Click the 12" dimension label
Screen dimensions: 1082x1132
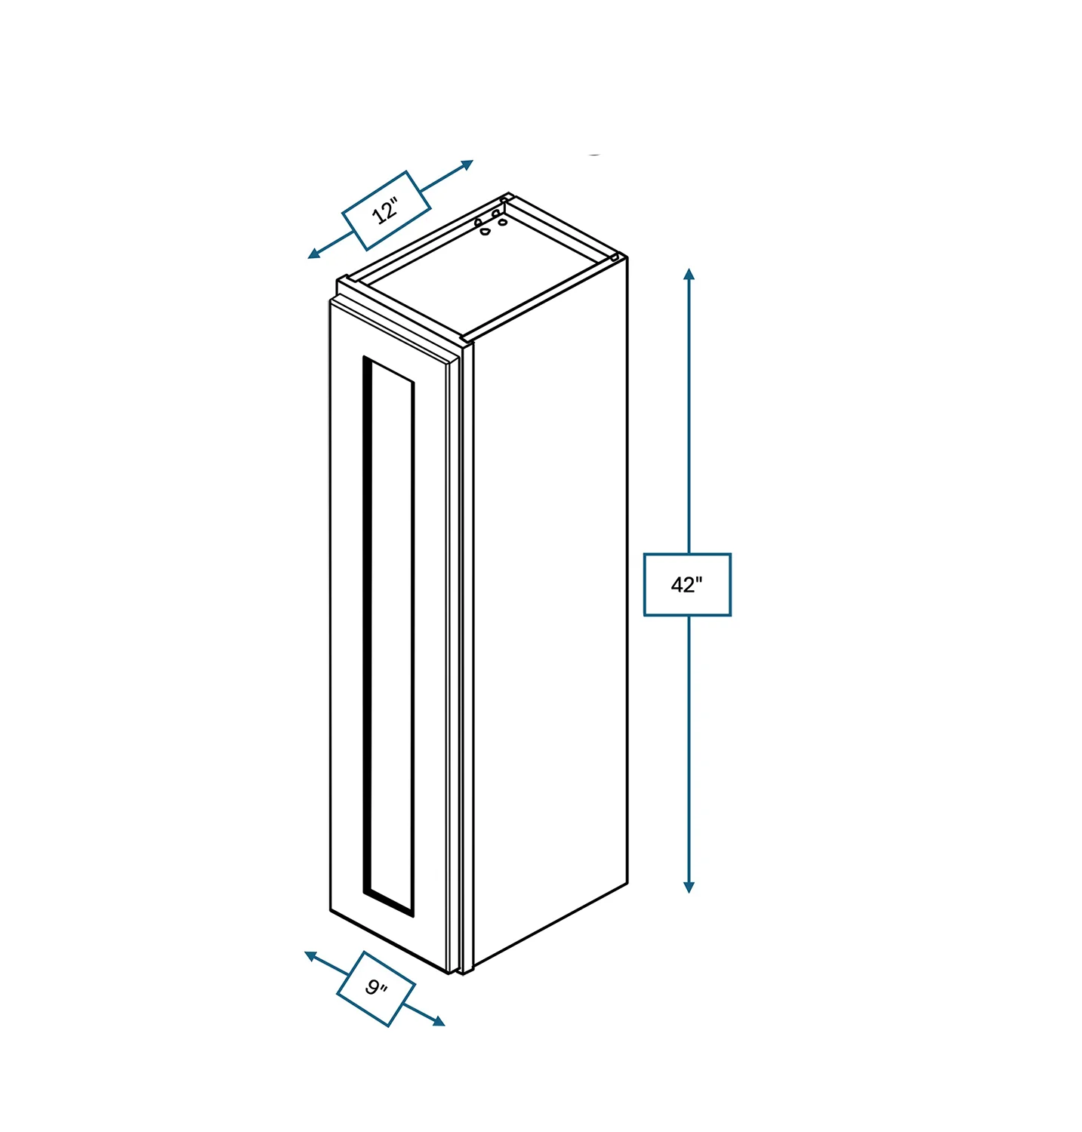(x=386, y=211)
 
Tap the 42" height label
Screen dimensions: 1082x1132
(x=686, y=584)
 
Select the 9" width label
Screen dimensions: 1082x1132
(x=376, y=988)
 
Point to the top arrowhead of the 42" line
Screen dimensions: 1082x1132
(x=689, y=273)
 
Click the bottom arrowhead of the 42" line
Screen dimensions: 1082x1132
(x=689, y=887)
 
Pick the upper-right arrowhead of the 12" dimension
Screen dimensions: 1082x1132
(x=467, y=164)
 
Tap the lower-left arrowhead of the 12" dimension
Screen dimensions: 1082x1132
(x=314, y=254)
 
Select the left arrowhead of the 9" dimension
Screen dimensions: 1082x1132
(x=310, y=956)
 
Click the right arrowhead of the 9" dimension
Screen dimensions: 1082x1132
(x=439, y=1022)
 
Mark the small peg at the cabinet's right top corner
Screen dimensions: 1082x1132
(x=615, y=258)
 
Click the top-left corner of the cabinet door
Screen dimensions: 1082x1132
(x=331, y=301)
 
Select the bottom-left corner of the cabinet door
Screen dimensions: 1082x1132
(x=331, y=909)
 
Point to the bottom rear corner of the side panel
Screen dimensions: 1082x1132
(x=627, y=882)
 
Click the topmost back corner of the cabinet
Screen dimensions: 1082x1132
(x=509, y=193)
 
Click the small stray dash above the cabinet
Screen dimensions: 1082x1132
(x=595, y=155)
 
